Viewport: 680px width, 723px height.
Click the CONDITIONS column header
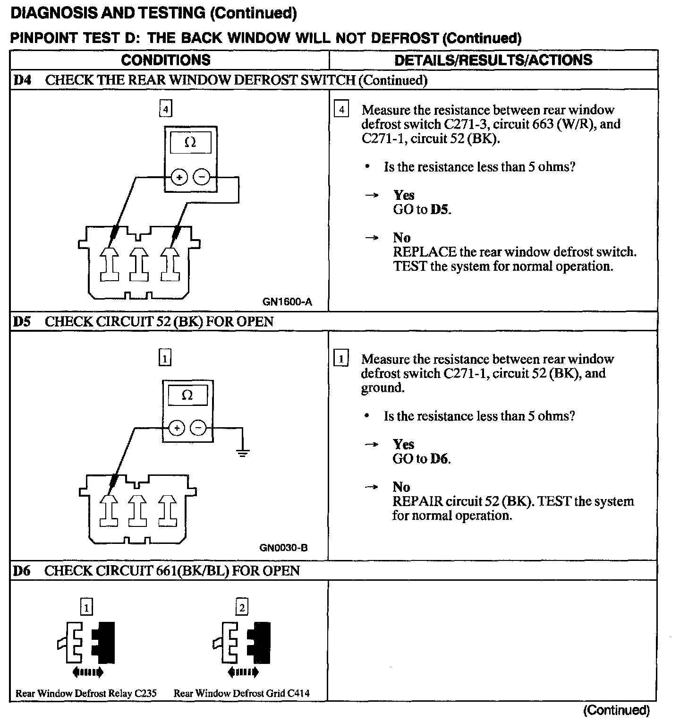166,60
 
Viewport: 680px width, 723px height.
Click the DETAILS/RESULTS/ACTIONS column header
493,60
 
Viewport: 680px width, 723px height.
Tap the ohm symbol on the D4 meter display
190,142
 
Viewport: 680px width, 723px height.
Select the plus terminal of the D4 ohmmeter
179,177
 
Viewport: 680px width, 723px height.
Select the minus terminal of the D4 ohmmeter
202,177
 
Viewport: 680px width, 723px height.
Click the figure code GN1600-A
287,301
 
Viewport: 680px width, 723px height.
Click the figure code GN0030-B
283,548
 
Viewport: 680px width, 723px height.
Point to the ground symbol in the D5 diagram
243,454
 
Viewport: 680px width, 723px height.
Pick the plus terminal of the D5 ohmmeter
177,428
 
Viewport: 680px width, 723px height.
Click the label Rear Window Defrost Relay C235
86,693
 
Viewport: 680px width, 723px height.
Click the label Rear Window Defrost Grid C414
241,693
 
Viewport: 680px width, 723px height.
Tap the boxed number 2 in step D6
242,607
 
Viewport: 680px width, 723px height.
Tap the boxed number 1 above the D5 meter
164,358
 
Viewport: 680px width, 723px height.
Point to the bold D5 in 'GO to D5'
440,209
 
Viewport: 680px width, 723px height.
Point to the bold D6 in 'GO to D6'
439,458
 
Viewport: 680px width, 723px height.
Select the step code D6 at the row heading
22,571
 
